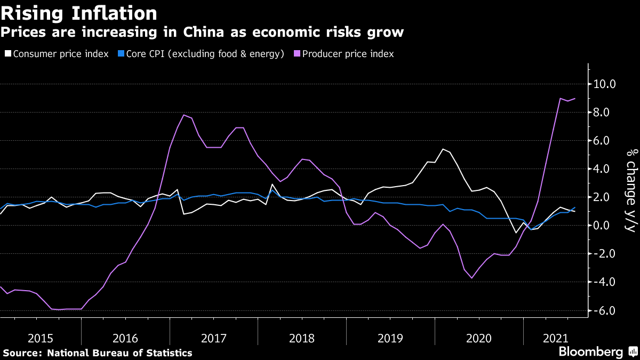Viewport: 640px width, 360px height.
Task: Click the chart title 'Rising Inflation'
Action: pos(79,13)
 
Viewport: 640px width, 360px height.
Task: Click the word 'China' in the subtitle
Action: pos(203,32)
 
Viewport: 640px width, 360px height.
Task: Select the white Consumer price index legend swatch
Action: pos(8,53)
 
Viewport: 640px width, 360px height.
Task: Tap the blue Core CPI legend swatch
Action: pos(121,53)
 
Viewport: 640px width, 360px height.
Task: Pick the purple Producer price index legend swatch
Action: pos(297,53)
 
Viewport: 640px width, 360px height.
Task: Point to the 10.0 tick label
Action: pos(605,84)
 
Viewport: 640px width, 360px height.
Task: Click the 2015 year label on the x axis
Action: pos(41,339)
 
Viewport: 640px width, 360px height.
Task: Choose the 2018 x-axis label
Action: pos(302,339)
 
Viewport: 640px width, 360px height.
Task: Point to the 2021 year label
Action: pos(556,339)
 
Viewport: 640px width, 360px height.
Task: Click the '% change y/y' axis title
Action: pos(632,190)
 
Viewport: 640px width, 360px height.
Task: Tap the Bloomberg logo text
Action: pos(591,351)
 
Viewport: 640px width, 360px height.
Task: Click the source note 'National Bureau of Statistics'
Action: pos(119,353)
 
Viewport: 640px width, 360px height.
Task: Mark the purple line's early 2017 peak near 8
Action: pos(184,115)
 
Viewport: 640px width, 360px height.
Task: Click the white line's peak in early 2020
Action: pos(443,149)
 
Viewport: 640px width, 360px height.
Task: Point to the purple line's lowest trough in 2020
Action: pos(471,278)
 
